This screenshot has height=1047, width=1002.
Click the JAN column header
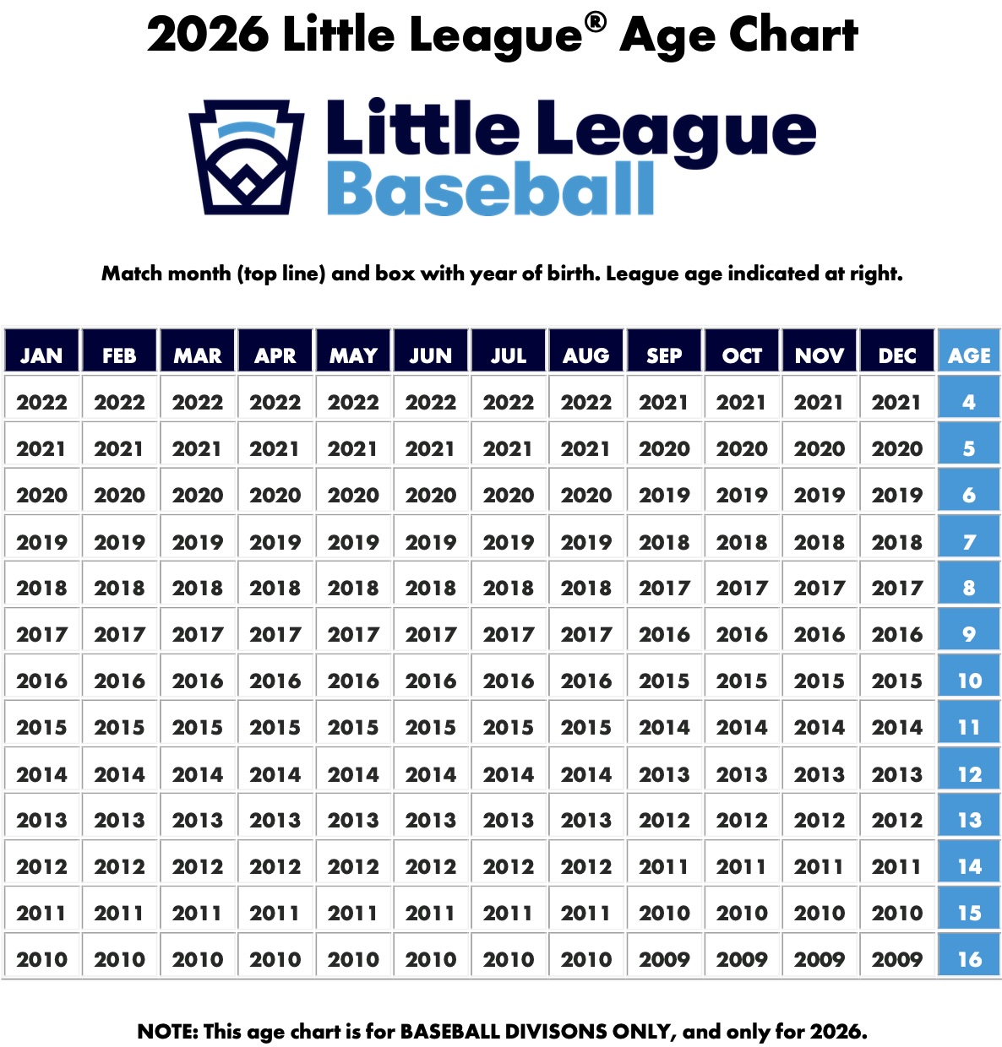[41, 355]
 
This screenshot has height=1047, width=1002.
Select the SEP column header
[664, 355]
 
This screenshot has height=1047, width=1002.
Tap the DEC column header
[897, 355]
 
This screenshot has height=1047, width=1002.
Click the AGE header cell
[969, 355]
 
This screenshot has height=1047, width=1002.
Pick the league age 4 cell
[969, 402]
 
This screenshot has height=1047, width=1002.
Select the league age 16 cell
[969, 959]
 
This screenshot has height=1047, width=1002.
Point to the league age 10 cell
[969, 681]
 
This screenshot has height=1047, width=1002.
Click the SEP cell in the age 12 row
[664, 774]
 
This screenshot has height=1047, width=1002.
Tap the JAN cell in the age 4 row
[41, 402]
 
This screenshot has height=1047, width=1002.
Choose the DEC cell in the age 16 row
[897, 959]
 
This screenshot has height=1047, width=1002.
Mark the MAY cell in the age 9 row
[353, 634]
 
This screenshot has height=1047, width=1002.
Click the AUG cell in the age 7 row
[586, 542]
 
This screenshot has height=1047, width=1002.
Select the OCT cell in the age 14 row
[742, 866]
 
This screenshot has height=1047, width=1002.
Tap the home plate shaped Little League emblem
[245, 157]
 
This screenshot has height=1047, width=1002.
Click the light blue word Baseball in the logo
[490, 189]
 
